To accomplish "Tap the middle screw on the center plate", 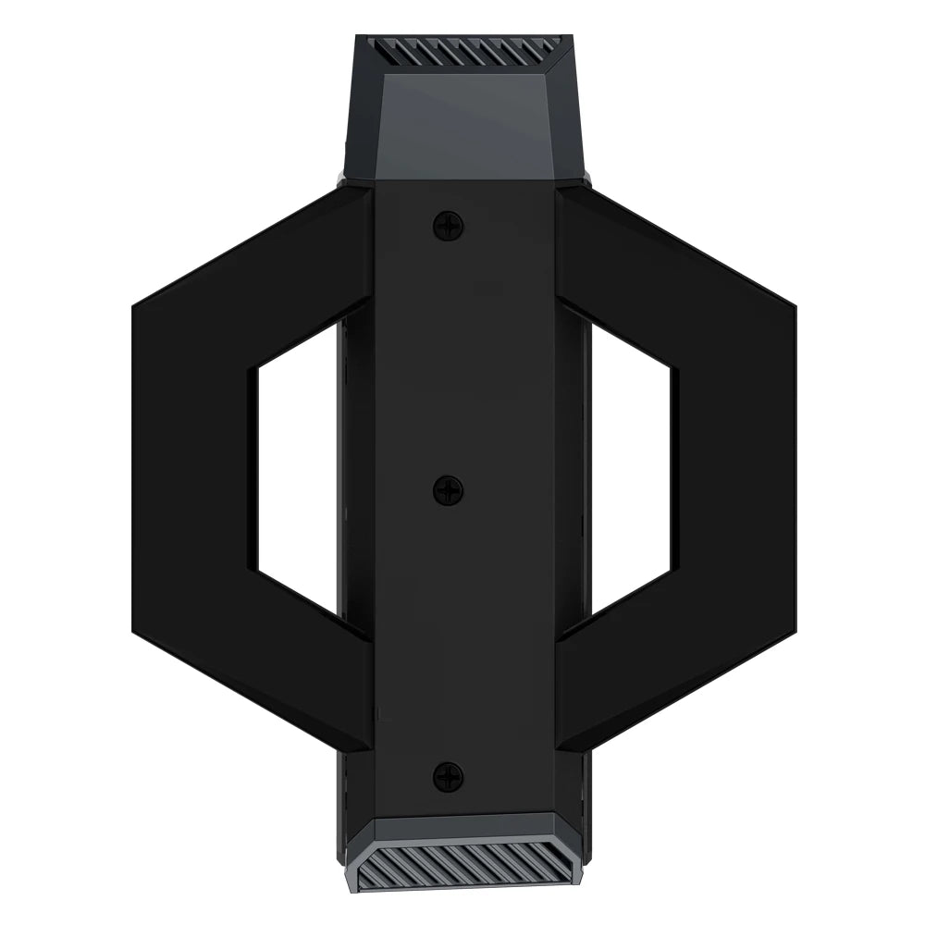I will tap(449, 490).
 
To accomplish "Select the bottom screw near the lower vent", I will tap(449, 776).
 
